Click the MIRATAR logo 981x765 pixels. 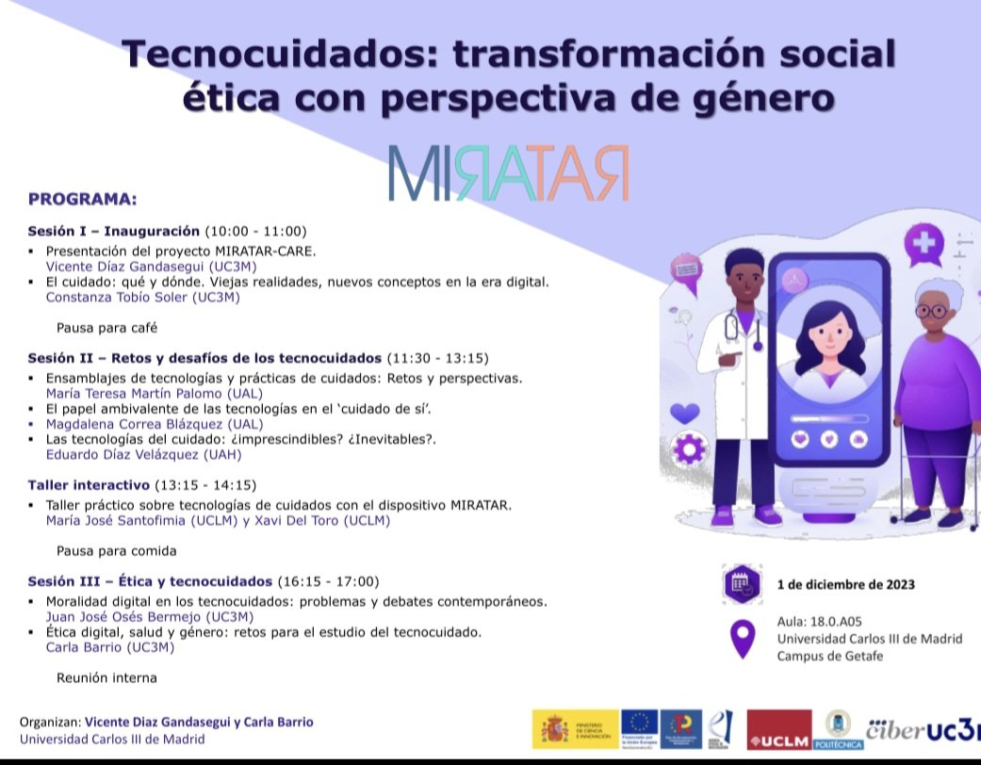509,172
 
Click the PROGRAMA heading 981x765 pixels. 83,199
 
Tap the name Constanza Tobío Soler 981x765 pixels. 143,298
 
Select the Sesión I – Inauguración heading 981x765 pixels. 113,231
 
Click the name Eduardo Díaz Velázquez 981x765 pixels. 143,454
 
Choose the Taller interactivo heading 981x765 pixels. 89,485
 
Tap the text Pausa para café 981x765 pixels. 106,328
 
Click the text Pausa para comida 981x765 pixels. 116,550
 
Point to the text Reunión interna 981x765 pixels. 106,677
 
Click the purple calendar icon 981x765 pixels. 740,584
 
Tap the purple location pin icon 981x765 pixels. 743,639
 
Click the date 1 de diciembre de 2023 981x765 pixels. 845,584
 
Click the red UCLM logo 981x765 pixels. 778,730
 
